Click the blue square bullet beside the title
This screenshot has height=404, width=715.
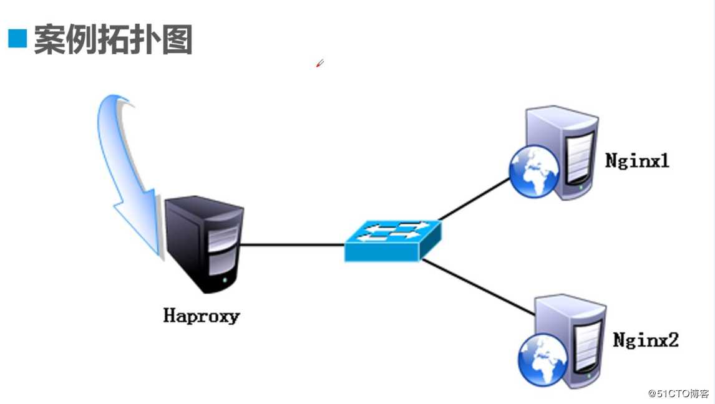pos(17,38)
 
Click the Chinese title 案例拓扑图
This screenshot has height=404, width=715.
pos(113,39)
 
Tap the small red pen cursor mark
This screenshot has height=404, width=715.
pos(319,63)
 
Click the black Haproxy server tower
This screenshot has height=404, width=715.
pos(204,244)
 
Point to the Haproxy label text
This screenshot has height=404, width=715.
pos(201,316)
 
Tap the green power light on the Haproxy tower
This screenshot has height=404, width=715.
pos(225,280)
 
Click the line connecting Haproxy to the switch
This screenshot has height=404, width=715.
pos(292,245)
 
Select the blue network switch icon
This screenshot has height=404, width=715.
pos(392,241)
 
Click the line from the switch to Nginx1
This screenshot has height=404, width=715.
pos(474,199)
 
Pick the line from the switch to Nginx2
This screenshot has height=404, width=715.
pos(478,287)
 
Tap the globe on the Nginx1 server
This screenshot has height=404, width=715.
pos(534,171)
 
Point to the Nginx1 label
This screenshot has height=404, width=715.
pos(637,161)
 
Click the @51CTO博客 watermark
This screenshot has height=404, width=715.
pos(679,393)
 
